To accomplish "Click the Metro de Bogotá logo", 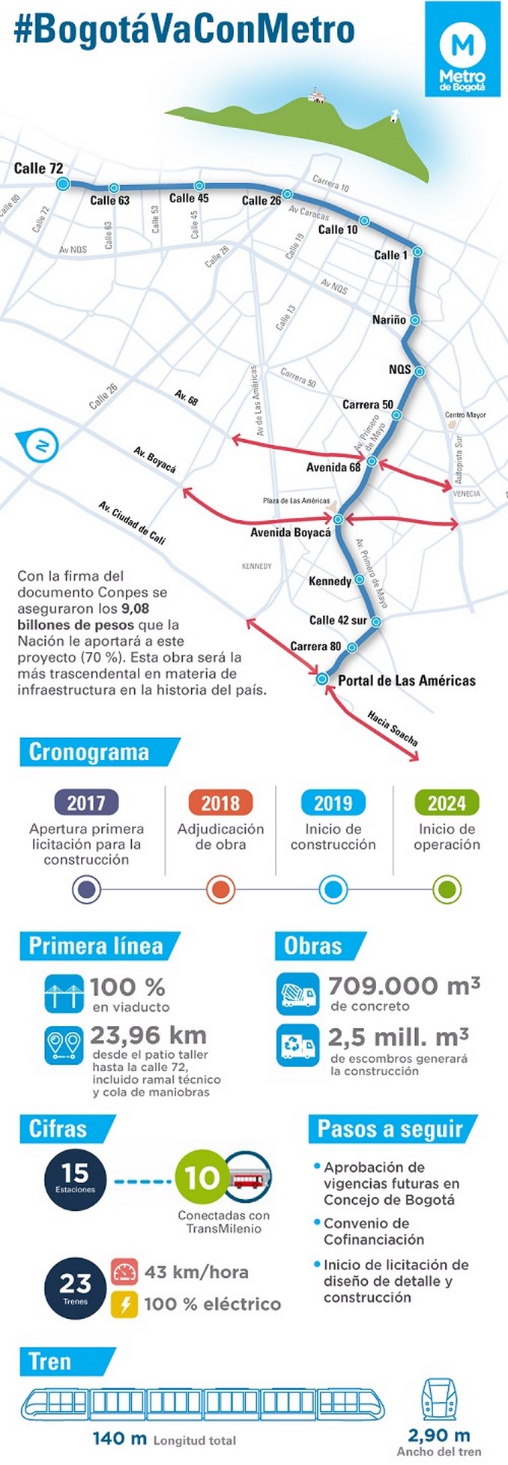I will (462, 49).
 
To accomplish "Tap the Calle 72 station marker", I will (63, 184).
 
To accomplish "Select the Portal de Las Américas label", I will (407, 680).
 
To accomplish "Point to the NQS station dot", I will (420, 371).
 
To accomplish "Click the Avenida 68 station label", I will (333, 468).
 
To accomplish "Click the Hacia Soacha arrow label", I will (393, 728).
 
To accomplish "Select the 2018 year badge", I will (220, 803).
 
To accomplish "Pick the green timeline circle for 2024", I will (447, 890).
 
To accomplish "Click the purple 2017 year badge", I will (86, 803).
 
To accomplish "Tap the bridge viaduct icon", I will (64, 994).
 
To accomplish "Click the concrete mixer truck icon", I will (297, 994).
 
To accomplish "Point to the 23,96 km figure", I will (148, 1035).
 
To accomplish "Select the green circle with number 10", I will (202, 1178).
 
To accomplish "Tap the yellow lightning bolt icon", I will (124, 1305).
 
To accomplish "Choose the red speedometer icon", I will (124, 1272).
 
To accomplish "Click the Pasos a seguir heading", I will (390, 1129).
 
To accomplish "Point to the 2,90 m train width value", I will (439, 1435).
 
